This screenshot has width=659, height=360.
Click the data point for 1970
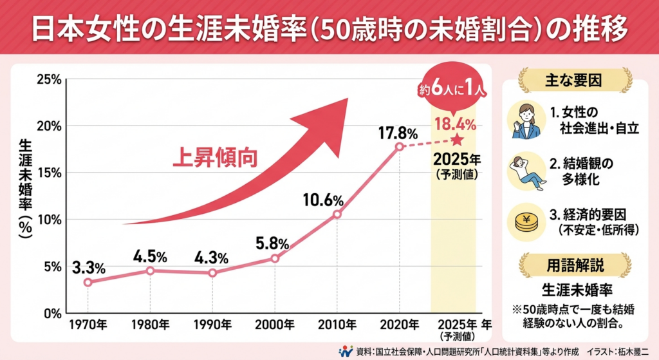(88, 282)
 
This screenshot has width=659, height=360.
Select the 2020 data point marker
(399, 146)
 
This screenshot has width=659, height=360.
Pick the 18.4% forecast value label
(455, 123)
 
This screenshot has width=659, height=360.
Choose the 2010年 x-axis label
(337, 323)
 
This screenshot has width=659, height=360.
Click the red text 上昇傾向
(214, 158)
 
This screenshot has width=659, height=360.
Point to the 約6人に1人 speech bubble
(455, 91)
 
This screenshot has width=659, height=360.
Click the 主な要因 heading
(575, 81)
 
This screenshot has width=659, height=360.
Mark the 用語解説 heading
(575, 264)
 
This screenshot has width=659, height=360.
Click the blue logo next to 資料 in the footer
(346, 350)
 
